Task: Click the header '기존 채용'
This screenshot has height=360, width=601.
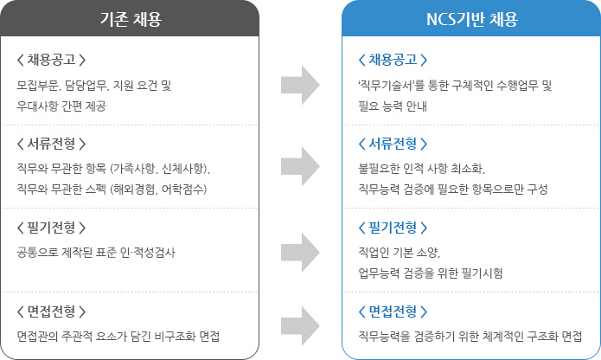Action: (131, 18)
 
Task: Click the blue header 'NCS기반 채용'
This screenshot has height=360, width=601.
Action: (471, 18)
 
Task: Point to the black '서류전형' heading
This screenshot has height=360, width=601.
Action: (52, 143)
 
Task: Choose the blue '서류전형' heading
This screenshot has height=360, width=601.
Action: (393, 143)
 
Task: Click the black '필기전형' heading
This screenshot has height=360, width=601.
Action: (52, 228)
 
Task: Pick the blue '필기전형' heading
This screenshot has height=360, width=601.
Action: (393, 228)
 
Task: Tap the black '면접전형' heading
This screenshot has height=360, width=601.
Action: (52, 310)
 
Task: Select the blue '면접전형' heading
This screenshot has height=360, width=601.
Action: (393, 310)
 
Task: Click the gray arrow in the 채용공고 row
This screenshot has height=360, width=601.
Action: (300, 84)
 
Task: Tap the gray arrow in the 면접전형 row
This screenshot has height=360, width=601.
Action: (300, 321)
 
